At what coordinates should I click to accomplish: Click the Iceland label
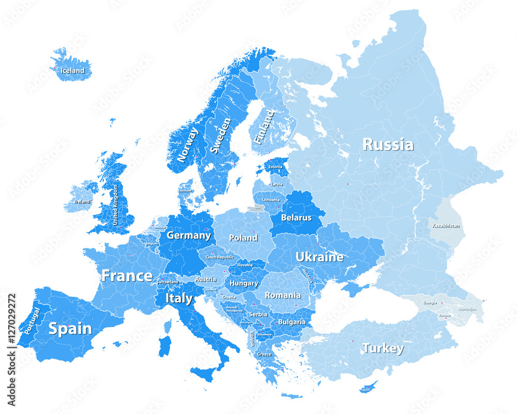[72, 70]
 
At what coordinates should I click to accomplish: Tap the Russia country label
[388, 144]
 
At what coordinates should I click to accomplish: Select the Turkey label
[383, 348]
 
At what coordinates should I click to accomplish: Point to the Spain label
[70, 329]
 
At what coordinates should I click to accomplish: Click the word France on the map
[127, 276]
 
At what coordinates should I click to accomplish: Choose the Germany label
[189, 235]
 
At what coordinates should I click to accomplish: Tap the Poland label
[243, 238]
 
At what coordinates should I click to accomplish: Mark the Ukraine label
[319, 257]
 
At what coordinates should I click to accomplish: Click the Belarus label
[296, 218]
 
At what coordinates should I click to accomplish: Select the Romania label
[282, 295]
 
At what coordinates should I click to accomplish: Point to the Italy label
[179, 299]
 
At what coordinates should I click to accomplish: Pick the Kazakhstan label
[445, 226]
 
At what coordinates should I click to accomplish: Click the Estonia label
[276, 167]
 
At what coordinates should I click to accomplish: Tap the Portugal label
[32, 321]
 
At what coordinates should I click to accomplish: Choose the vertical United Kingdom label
[115, 204]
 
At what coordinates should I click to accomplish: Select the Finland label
[264, 127]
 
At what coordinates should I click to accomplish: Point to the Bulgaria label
[292, 322]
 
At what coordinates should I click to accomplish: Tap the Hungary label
[244, 284]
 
